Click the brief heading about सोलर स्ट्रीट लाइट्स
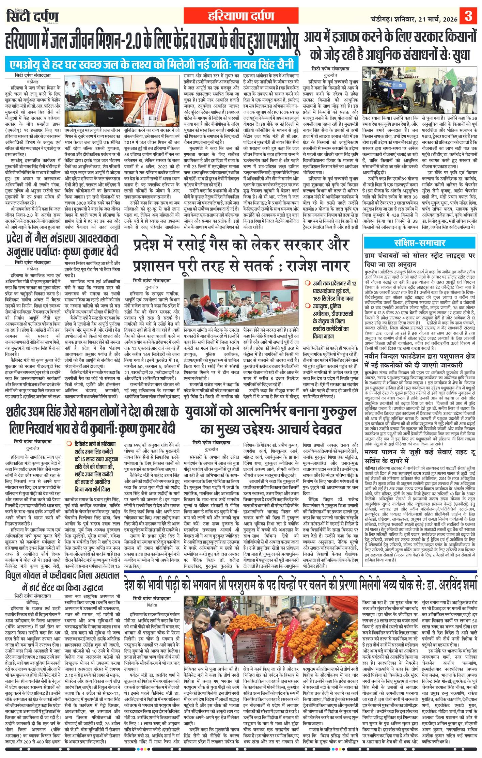tap(420, 259)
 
